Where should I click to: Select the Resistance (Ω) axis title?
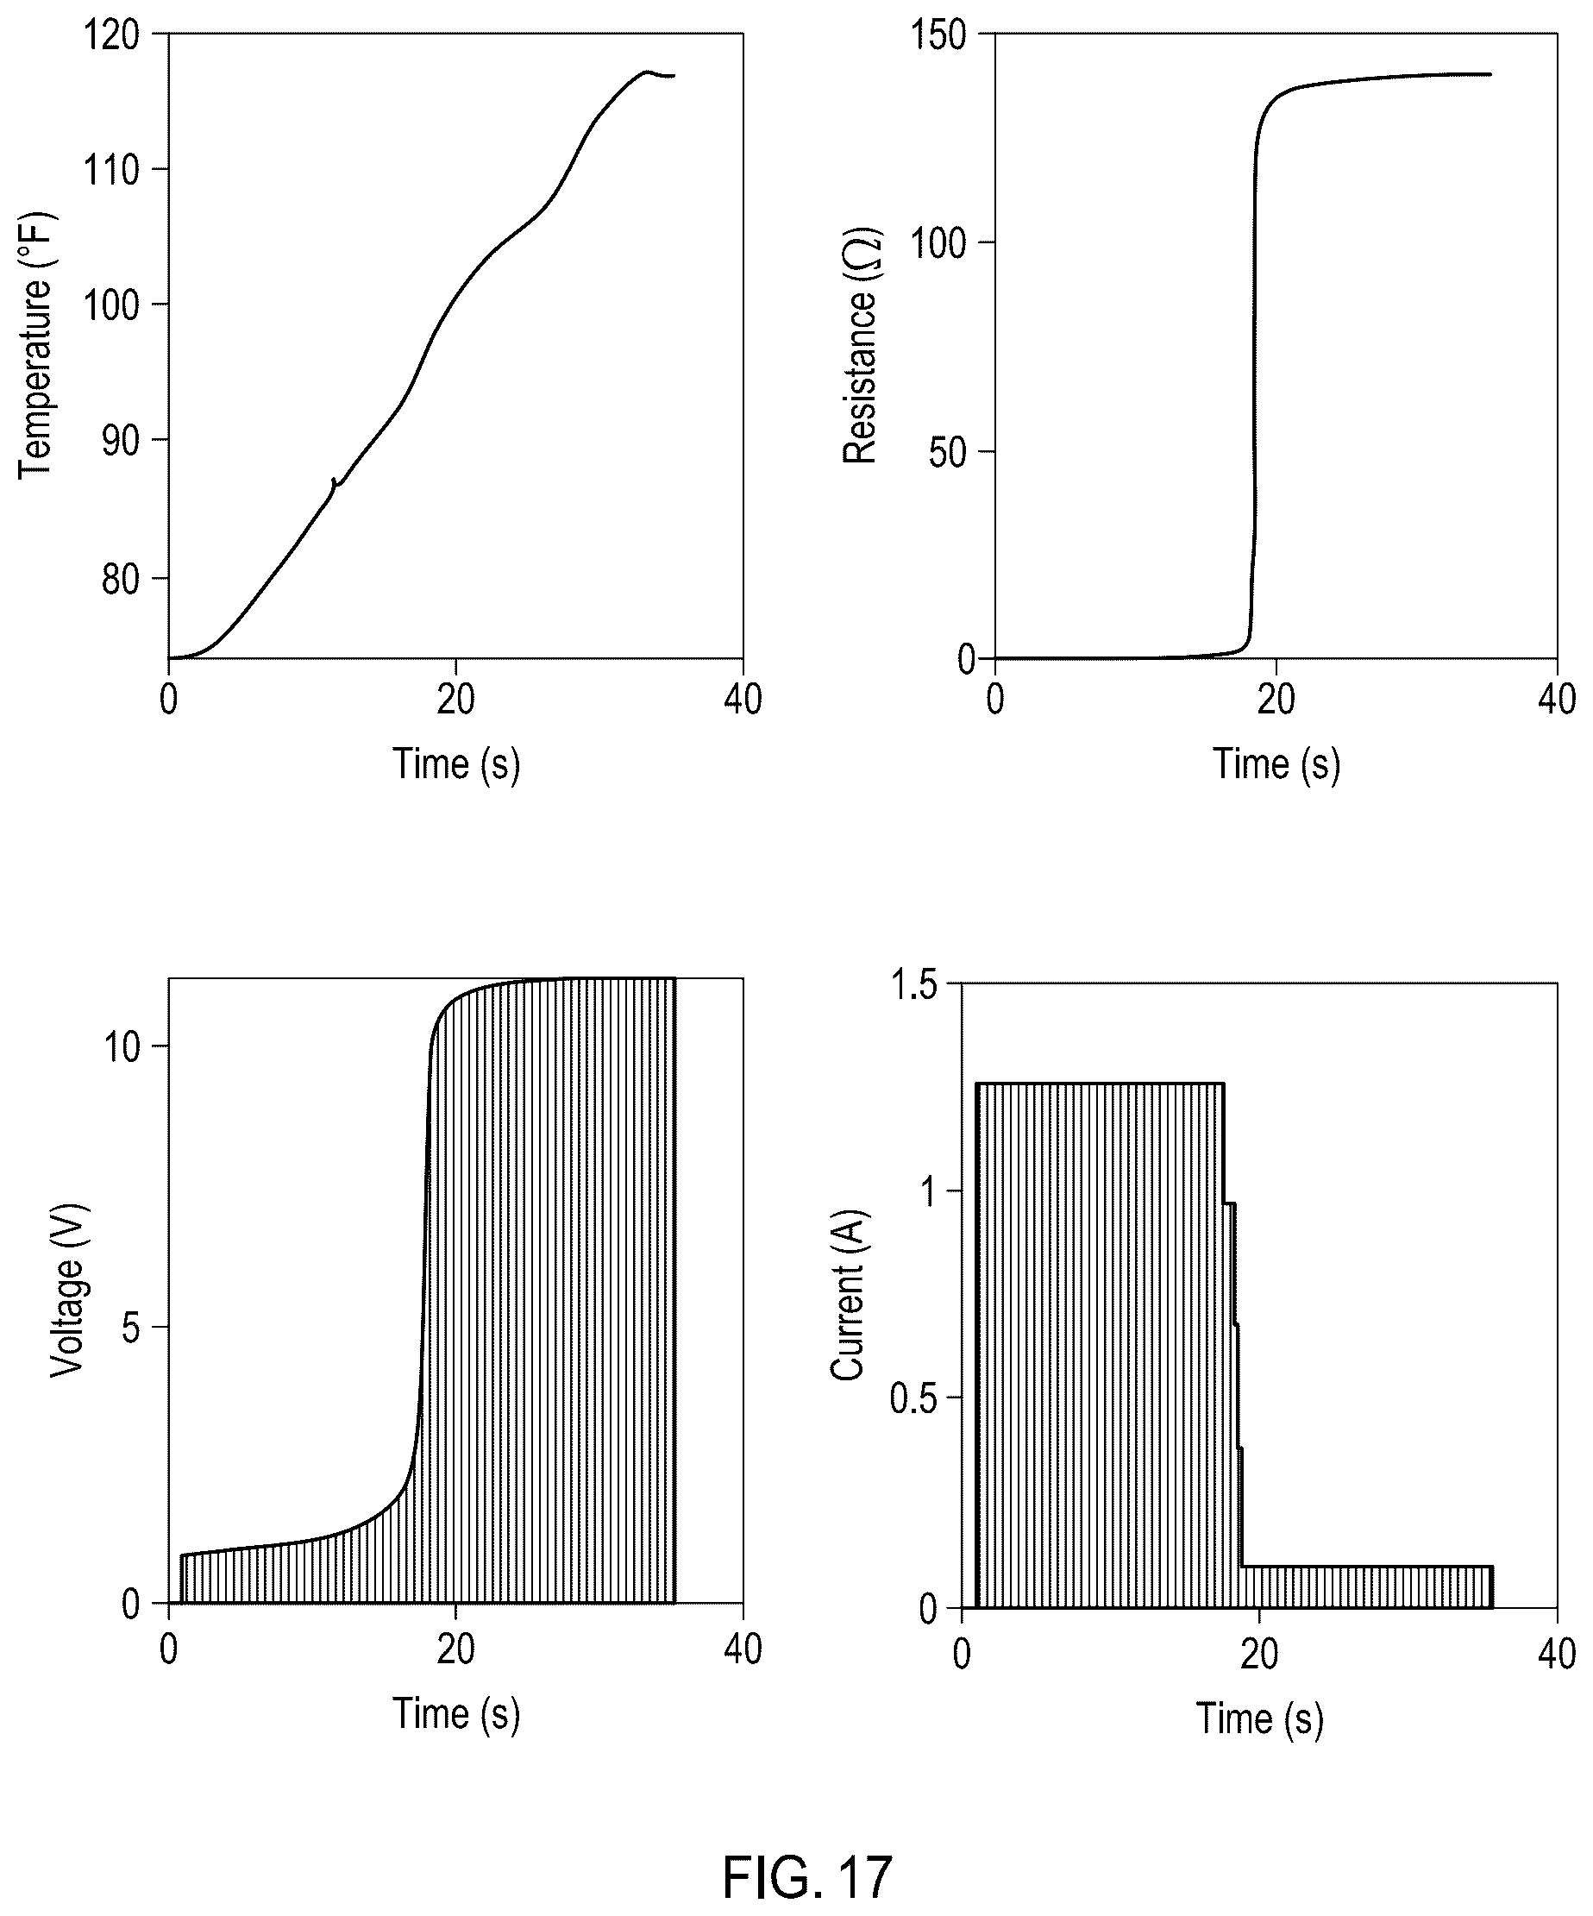(x=859, y=346)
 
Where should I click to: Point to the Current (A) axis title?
(x=848, y=1295)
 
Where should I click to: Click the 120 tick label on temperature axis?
(x=112, y=35)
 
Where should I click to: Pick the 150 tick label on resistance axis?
(x=938, y=35)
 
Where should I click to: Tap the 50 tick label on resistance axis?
(x=949, y=453)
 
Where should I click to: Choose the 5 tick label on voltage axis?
(x=131, y=1329)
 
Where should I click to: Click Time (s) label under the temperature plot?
(x=456, y=764)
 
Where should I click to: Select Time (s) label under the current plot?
(x=1260, y=1719)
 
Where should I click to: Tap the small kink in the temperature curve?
(x=334, y=481)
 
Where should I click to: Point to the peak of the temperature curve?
(x=646, y=71)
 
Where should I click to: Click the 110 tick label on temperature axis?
(x=112, y=170)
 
